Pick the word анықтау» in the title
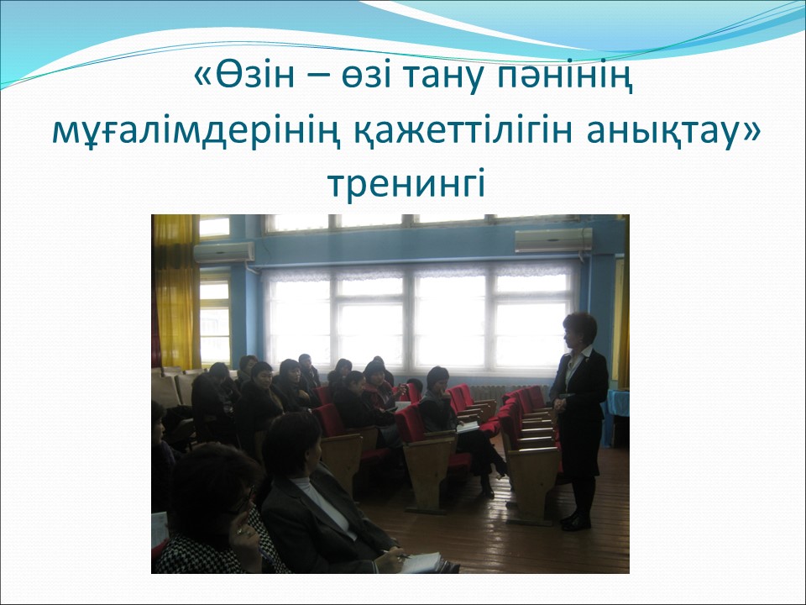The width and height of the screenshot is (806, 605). tap(673, 134)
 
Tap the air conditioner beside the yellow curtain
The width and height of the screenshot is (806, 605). tap(224, 252)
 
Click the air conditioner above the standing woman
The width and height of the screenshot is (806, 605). tap(553, 239)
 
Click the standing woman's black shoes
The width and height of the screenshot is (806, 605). tap(575, 522)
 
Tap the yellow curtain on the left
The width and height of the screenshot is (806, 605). tap(176, 292)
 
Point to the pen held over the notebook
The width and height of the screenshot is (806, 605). tap(397, 555)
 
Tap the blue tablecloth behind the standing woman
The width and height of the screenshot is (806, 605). tap(618, 402)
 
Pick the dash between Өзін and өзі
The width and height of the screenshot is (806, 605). tap(319, 77)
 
